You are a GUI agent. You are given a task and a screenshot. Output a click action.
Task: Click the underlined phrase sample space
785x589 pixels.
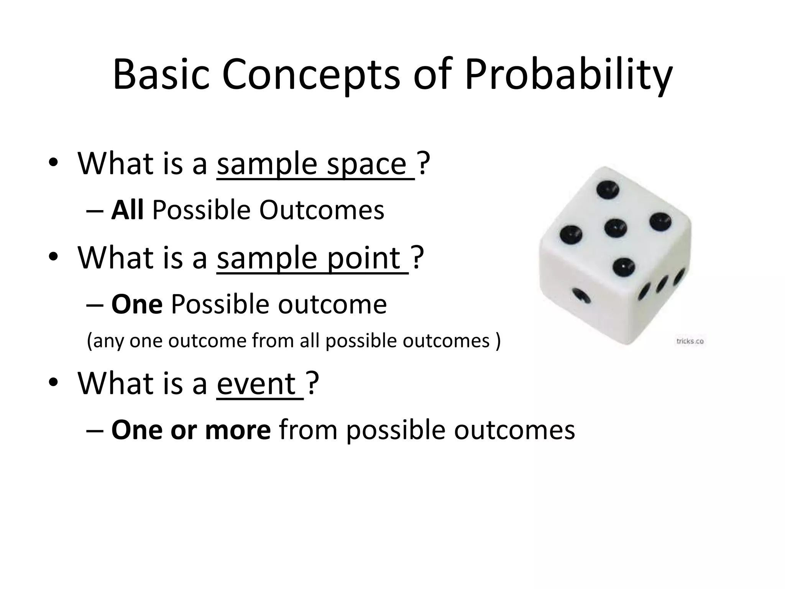(315, 164)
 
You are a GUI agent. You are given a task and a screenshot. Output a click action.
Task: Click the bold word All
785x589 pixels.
(127, 211)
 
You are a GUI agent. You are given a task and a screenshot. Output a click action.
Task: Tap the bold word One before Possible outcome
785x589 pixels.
(137, 304)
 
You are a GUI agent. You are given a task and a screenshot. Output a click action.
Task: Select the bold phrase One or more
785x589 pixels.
(191, 430)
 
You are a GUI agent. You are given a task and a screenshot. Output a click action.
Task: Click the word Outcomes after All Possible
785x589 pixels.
(322, 211)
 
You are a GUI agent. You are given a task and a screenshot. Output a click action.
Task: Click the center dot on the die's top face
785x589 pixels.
(616, 228)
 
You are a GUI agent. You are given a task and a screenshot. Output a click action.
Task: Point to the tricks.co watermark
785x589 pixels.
(690, 341)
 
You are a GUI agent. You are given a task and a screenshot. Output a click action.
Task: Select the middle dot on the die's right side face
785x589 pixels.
(662, 284)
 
